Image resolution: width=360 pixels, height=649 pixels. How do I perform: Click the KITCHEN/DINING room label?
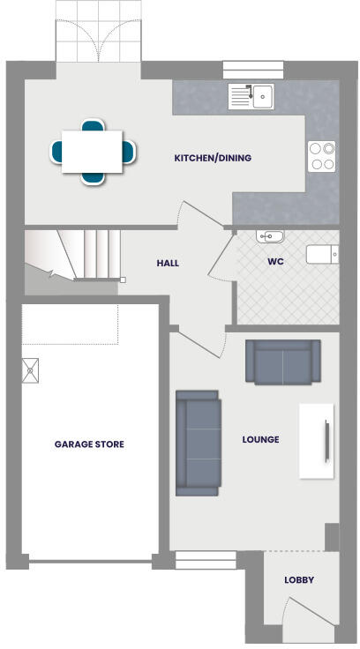click(213, 158)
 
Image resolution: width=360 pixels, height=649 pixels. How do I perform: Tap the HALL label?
click(169, 263)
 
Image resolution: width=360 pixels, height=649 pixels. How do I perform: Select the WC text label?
click(274, 262)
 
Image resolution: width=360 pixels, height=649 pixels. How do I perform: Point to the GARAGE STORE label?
click(88, 444)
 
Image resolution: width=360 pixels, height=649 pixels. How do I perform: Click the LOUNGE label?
click(260, 439)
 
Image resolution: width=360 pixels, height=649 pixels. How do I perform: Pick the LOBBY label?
click(298, 580)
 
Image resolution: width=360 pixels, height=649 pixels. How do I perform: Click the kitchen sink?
click(251, 96)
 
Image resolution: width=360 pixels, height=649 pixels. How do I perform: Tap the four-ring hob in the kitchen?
click(322, 156)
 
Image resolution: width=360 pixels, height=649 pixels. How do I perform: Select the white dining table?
click(92, 151)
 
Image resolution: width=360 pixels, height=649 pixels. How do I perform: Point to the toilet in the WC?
click(321, 254)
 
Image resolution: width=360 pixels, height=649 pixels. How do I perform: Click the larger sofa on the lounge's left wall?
click(198, 443)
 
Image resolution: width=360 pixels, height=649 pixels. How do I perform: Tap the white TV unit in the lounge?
click(317, 441)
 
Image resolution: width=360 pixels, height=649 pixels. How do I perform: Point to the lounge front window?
click(206, 559)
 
